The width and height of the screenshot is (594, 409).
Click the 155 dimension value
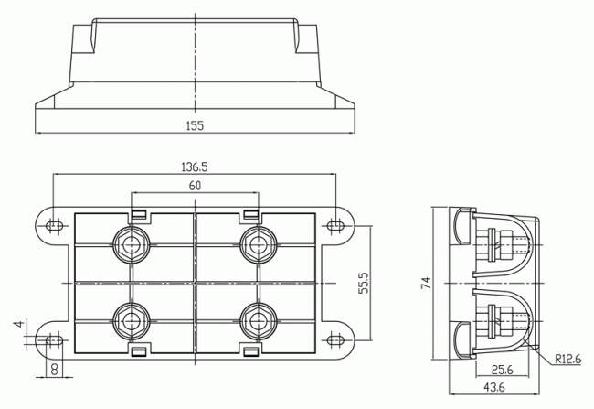tap(195, 125)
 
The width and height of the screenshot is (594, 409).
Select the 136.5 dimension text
tap(195, 167)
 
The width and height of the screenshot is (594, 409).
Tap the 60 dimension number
tap(195, 186)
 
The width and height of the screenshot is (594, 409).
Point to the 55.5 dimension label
tap(363, 284)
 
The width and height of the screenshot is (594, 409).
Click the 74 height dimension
tap(426, 285)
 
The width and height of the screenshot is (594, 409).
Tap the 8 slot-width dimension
tap(55, 370)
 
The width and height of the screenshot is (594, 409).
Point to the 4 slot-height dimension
tap(17, 325)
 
